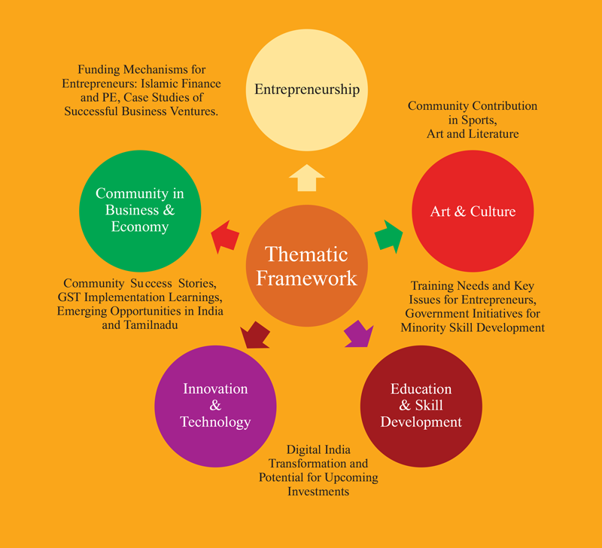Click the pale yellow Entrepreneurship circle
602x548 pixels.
click(306, 89)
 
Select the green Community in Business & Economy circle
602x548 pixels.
click(139, 211)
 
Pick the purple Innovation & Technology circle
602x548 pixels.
click(215, 405)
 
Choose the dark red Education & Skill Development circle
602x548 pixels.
click(421, 405)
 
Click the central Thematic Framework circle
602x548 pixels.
click(306, 265)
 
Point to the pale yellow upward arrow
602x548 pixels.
click(306, 178)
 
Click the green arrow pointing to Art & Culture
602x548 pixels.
click(389, 235)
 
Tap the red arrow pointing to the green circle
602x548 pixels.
click(225, 238)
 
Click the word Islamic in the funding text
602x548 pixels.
click(169, 84)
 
